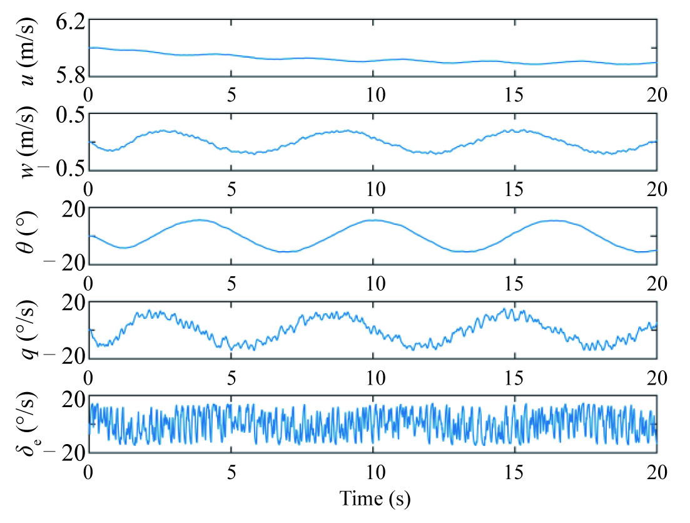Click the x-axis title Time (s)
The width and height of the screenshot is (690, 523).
(374, 499)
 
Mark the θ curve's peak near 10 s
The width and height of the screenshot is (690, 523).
(374, 220)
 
